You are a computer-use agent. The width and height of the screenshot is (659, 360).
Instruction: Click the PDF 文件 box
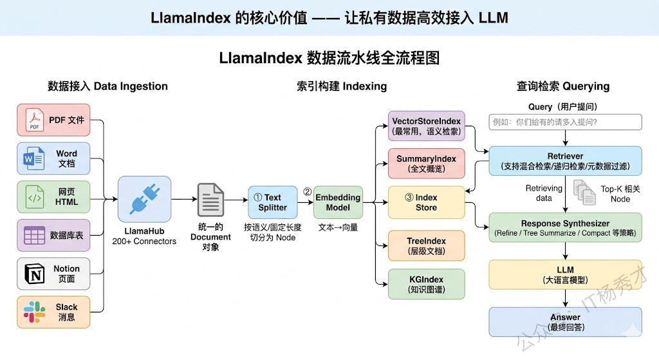tap(53, 120)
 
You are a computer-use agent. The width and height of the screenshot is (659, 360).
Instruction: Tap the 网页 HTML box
tap(53, 197)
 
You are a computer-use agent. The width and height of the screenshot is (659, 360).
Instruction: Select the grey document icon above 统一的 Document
tap(210, 200)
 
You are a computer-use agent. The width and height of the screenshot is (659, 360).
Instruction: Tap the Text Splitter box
tap(272, 202)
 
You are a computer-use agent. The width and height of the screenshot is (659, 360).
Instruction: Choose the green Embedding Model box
tap(338, 202)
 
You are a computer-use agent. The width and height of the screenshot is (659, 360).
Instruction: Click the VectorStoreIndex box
tap(427, 126)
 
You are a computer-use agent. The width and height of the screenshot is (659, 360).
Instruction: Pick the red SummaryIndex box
tap(427, 164)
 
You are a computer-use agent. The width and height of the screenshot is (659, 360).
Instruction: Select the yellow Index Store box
tap(427, 202)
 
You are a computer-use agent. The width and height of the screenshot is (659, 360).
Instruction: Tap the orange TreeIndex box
tap(427, 245)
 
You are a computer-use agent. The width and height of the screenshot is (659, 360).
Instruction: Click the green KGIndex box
tap(427, 284)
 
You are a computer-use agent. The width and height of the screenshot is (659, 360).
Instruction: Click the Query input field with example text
tap(566, 122)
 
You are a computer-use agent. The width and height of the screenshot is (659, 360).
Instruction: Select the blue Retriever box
tap(566, 161)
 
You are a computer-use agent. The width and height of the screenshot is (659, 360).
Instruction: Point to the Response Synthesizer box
tap(566, 227)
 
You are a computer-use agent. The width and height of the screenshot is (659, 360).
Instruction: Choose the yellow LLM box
tap(566, 274)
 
